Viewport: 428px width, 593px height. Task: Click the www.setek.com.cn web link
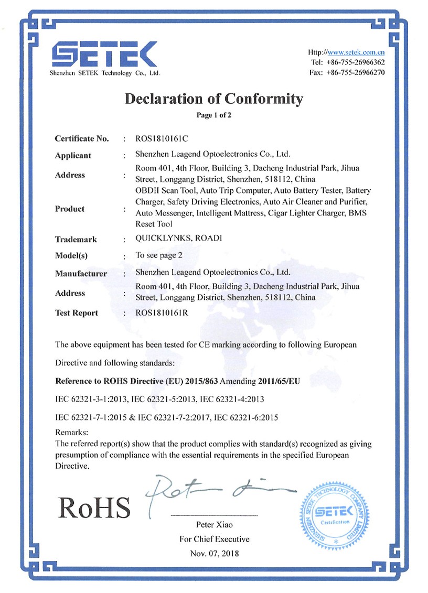356,52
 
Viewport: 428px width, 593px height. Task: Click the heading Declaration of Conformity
214,99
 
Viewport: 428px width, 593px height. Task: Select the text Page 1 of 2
214,115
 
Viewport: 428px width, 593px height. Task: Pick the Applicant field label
73,156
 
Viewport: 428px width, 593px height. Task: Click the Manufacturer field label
81,274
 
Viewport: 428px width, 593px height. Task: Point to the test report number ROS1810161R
162,313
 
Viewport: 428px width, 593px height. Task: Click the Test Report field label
77,313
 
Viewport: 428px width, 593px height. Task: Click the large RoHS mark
94,506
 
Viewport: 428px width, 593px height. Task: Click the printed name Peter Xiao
214,525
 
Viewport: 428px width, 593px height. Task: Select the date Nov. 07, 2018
214,553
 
